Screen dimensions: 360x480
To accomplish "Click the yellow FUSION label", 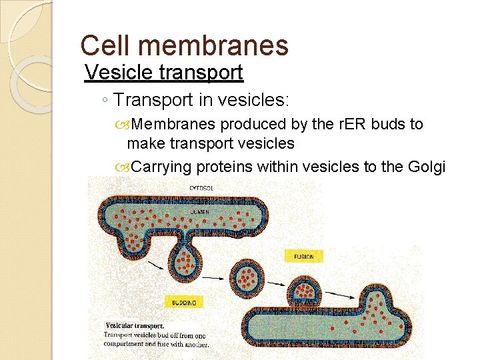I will [x=303, y=256].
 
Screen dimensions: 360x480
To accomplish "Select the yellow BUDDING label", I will [x=184, y=303].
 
